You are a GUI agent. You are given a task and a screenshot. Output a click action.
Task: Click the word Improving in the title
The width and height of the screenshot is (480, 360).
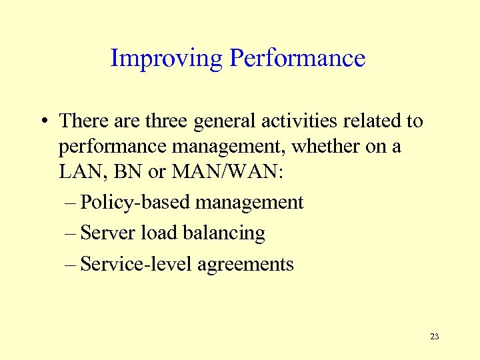[167, 59]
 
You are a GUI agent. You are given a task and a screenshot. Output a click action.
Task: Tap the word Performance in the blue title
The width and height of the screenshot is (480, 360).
[297, 59]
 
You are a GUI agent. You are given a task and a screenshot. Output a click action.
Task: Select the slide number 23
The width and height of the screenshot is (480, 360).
[435, 336]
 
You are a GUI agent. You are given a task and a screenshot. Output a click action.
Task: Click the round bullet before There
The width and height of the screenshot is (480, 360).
[42, 122]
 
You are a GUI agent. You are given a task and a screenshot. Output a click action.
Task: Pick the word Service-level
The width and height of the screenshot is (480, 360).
[136, 264]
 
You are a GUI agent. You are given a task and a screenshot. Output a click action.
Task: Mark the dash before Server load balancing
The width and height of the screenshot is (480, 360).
[71, 233]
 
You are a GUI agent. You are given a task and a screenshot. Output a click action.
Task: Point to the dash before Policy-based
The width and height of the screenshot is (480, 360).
[71, 203]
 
